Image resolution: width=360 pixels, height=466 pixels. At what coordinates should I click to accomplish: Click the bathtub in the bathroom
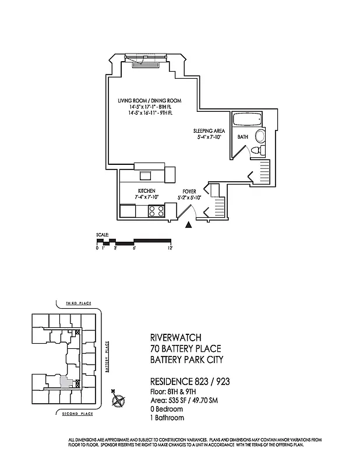[x=248, y=121]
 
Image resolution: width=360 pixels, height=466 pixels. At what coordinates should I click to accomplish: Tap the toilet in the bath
[x=259, y=151]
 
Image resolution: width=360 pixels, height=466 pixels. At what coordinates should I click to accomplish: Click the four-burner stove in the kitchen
[x=155, y=211]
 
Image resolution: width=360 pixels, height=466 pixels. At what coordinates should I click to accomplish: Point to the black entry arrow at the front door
[x=188, y=226]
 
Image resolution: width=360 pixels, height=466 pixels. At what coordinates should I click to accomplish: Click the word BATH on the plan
[x=243, y=136]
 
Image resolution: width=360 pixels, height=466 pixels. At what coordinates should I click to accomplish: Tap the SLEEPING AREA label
[x=207, y=132]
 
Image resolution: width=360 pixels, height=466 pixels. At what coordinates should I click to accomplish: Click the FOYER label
[x=189, y=191]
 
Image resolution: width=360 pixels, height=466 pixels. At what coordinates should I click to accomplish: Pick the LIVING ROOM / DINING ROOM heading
[x=149, y=101]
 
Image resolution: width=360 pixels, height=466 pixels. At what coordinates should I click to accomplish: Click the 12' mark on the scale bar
[x=170, y=248]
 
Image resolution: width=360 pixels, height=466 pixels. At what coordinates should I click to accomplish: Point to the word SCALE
[x=102, y=235]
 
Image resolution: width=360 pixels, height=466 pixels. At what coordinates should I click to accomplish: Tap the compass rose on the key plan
[x=119, y=401]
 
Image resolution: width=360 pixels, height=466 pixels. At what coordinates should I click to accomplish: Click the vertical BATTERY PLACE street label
[x=108, y=357]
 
